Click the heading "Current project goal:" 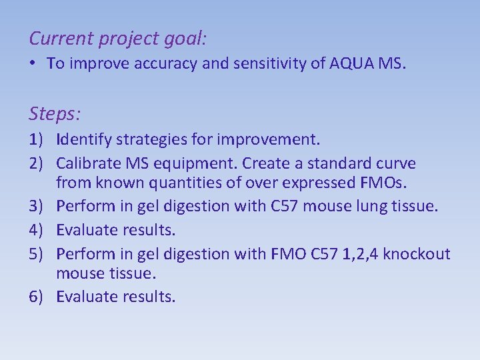[x=118, y=39]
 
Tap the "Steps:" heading [x=55, y=114]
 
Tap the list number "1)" [x=38, y=141]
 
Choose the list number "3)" [x=38, y=207]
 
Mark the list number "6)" [x=38, y=297]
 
